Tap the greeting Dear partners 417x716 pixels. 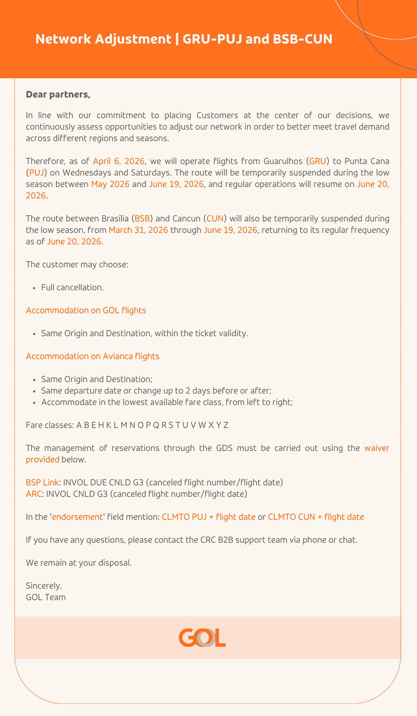tap(58, 95)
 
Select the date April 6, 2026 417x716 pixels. tap(118, 161)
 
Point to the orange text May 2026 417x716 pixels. tap(110, 184)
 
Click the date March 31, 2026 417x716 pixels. tap(138, 230)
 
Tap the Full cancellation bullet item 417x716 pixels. tap(72, 287)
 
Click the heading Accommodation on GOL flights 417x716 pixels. tap(86, 310)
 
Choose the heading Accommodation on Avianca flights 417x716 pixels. tap(92, 356)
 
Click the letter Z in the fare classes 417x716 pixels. tap(226, 425)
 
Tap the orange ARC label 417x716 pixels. tap(34, 494)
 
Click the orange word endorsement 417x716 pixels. tap(77, 517)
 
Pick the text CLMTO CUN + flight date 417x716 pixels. tap(316, 517)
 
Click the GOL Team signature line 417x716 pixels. tap(46, 597)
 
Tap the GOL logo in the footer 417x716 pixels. tap(202, 638)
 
